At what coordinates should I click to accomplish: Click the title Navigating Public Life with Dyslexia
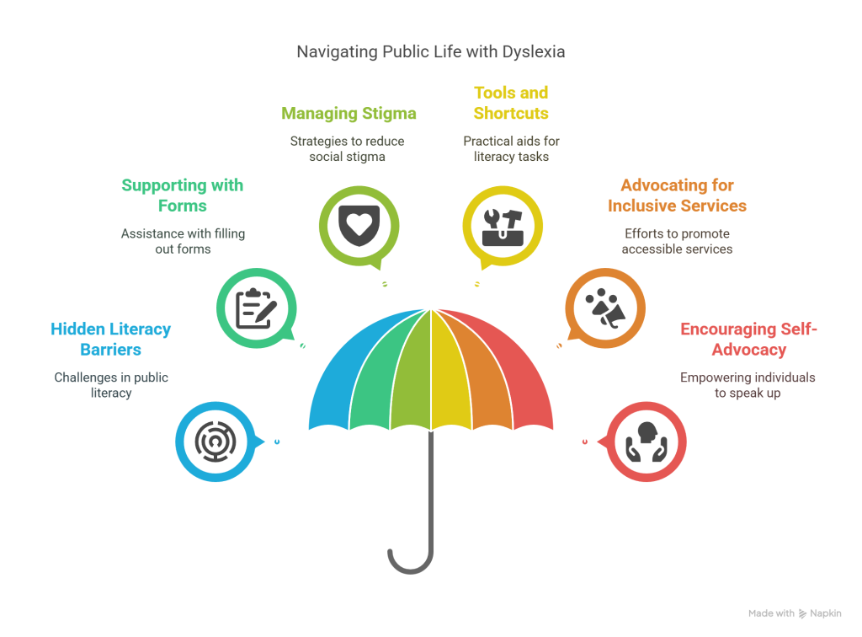(430, 52)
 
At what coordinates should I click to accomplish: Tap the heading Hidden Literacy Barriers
(110, 339)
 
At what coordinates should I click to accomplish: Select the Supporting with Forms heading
(182, 195)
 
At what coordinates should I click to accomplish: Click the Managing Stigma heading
(349, 114)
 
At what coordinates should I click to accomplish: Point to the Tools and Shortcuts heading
(510, 103)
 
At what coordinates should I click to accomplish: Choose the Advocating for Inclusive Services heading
(677, 195)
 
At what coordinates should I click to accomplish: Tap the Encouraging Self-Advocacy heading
(748, 339)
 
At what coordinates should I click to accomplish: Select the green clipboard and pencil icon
(256, 308)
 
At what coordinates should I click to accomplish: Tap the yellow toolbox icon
(503, 226)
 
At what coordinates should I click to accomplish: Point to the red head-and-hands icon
(647, 440)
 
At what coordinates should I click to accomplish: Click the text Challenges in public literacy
(111, 385)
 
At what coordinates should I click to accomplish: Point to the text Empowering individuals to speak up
(748, 385)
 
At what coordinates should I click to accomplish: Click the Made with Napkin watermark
(795, 613)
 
